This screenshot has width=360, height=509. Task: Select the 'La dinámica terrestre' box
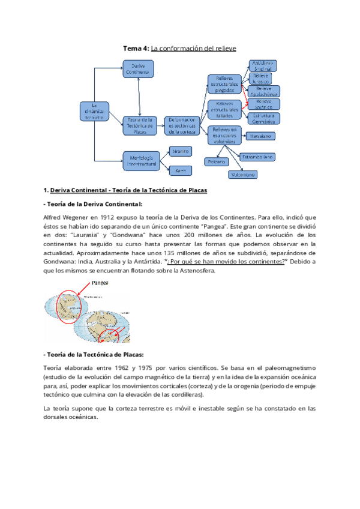click(94, 111)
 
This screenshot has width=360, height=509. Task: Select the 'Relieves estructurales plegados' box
click(224, 85)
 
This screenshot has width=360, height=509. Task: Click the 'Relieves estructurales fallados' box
click(224, 110)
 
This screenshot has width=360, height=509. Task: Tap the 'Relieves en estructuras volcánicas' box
click(225, 136)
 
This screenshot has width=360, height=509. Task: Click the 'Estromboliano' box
click(257, 157)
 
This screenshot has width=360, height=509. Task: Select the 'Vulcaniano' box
click(243, 174)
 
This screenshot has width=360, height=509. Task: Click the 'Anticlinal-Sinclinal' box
click(262, 65)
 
